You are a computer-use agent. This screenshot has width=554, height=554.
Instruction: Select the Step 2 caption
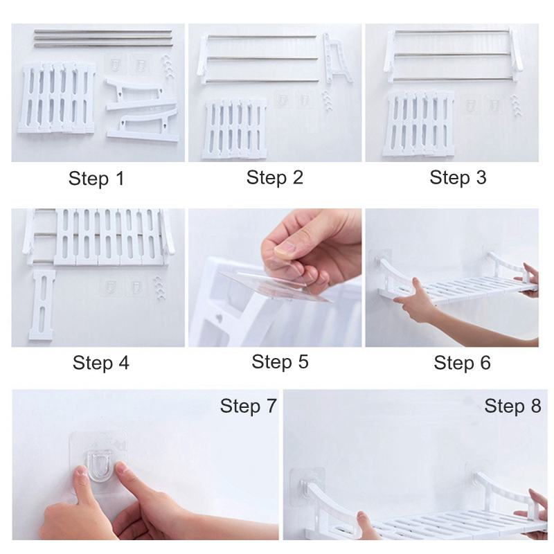(275, 178)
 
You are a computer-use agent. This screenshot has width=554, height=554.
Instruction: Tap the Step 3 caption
(458, 178)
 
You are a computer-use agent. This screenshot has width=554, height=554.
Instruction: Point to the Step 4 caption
(101, 362)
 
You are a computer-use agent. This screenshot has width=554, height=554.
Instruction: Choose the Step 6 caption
(462, 362)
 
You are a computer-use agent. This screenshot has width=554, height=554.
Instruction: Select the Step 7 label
(248, 406)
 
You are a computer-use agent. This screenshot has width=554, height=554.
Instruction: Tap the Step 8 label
(512, 406)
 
